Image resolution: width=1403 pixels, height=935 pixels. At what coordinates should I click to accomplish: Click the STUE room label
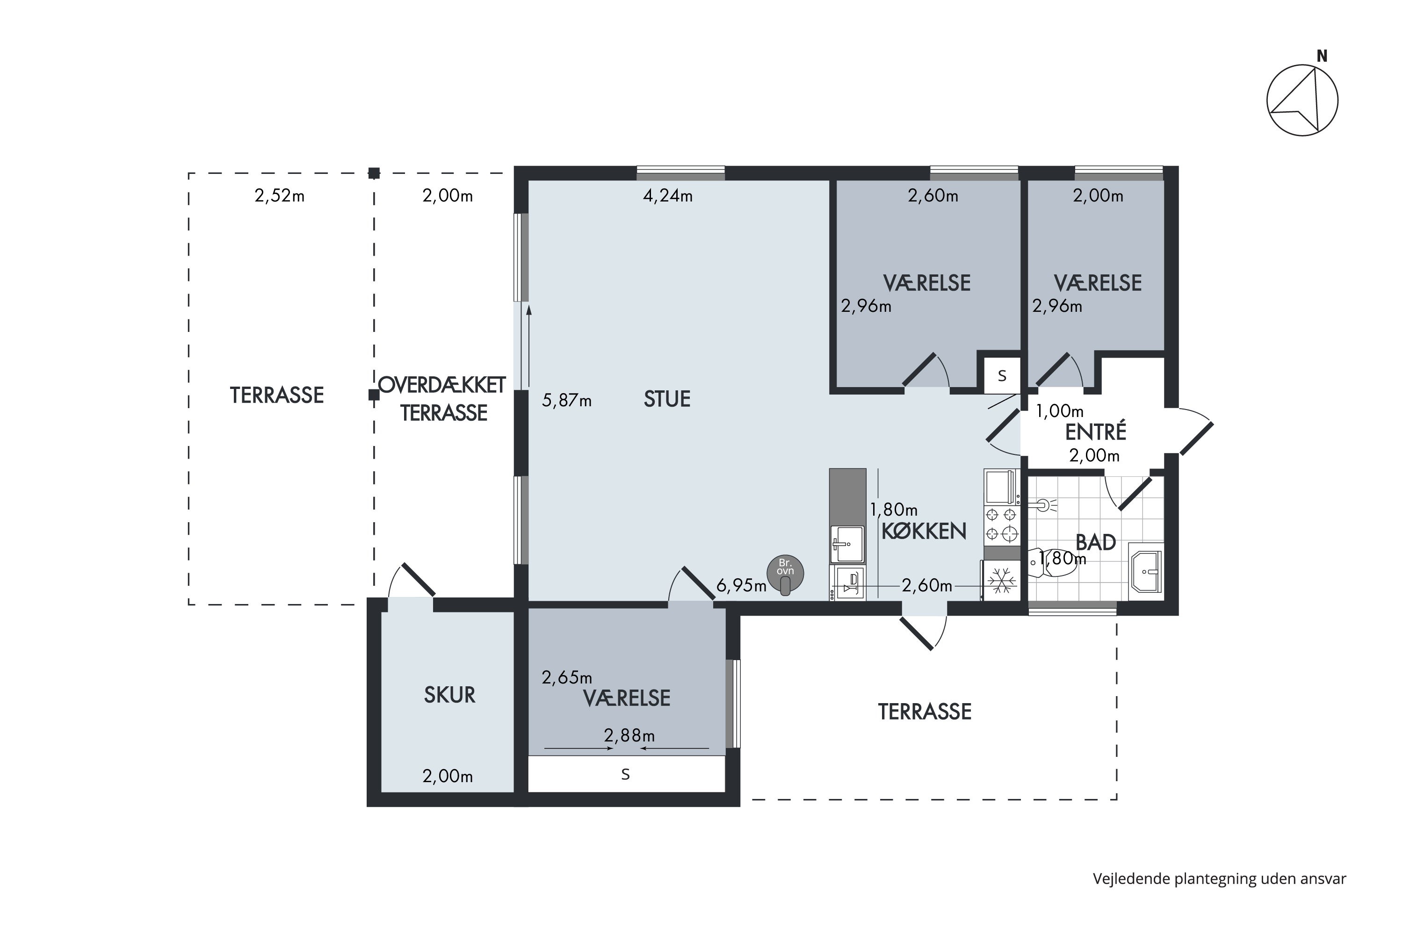click(667, 399)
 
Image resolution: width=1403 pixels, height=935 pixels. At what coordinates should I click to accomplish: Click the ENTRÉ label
click(1096, 432)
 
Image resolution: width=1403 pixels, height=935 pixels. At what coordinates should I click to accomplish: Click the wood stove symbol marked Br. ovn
click(785, 574)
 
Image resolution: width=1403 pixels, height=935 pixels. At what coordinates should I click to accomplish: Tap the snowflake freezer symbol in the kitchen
click(1002, 581)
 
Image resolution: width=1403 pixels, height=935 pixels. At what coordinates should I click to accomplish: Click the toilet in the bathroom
click(1053, 562)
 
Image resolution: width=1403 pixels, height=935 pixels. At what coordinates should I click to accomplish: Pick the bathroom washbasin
click(1146, 571)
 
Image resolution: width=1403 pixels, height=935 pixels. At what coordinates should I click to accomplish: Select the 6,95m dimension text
click(741, 586)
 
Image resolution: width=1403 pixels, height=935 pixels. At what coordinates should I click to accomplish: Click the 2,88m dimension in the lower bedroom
click(629, 735)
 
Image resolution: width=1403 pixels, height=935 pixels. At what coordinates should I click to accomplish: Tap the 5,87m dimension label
click(567, 400)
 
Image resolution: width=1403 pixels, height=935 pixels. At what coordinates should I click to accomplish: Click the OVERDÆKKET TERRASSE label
click(442, 399)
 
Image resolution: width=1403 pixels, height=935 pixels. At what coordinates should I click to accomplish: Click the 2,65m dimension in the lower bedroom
click(567, 677)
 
